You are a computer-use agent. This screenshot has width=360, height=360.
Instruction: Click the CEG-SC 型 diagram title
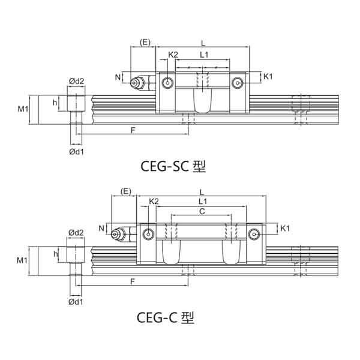coord(173,166)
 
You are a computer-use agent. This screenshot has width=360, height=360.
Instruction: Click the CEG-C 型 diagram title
coord(166,317)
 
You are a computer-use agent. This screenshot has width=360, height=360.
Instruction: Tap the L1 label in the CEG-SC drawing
coord(204,55)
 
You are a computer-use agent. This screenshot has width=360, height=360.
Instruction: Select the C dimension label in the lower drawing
coord(202,211)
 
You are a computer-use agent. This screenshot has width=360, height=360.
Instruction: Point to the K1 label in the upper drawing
coord(268,76)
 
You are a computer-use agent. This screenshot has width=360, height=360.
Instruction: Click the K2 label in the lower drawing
coord(154,202)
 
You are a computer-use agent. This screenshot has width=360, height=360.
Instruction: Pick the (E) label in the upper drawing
coord(145,42)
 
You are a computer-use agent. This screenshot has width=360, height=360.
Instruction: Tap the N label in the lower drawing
coord(101,228)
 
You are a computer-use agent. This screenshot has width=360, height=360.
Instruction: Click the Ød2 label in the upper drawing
coord(76,81)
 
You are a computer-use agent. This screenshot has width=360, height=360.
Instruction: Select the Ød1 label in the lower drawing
coord(76,302)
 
